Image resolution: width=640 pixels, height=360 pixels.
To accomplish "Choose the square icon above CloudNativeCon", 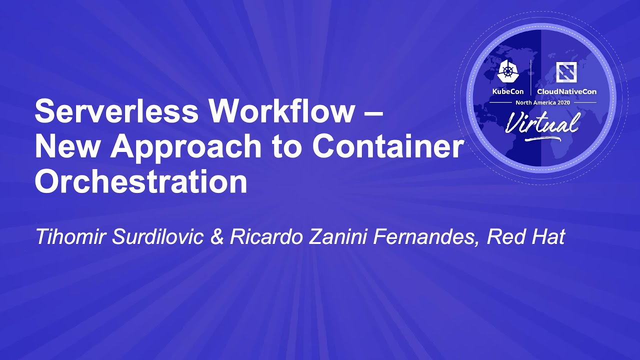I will (x=566, y=73).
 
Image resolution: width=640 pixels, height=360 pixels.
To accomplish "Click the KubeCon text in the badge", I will (x=508, y=91).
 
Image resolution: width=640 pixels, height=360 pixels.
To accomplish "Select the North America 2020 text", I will (x=542, y=102).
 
